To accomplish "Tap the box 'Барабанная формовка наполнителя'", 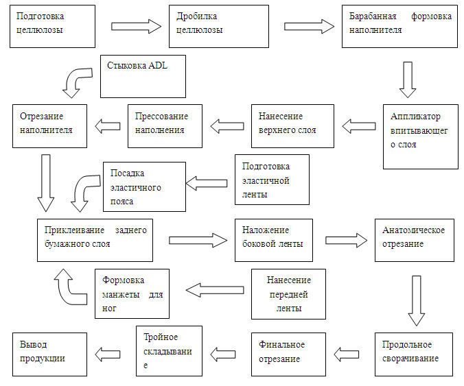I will point(399,26).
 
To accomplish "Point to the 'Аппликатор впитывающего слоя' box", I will point(421,136).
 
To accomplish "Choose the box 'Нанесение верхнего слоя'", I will point(292,125).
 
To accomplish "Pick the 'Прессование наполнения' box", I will point(166,125).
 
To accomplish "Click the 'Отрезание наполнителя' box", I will point(50,125).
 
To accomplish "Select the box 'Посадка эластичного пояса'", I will point(144,186).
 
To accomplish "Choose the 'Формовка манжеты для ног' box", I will point(130,293).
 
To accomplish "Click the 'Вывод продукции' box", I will point(50,353).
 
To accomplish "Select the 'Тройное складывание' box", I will point(169,352).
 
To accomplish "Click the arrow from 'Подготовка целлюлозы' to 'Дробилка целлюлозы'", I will point(136,26).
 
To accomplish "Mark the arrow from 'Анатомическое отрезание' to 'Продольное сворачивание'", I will point(416,301).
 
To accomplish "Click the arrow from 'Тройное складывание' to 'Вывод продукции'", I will point(108,353).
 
